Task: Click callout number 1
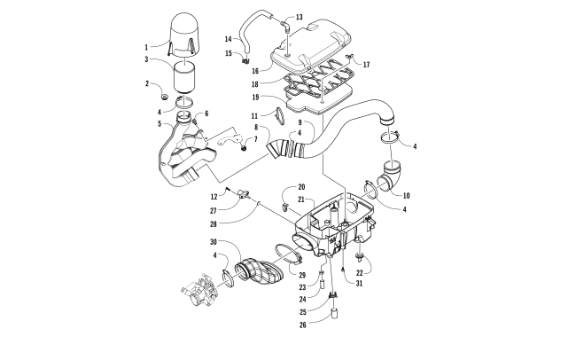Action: point(147,46)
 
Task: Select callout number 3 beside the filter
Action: point(147,61)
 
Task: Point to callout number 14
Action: point(229,39)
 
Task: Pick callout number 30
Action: point(212,243)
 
